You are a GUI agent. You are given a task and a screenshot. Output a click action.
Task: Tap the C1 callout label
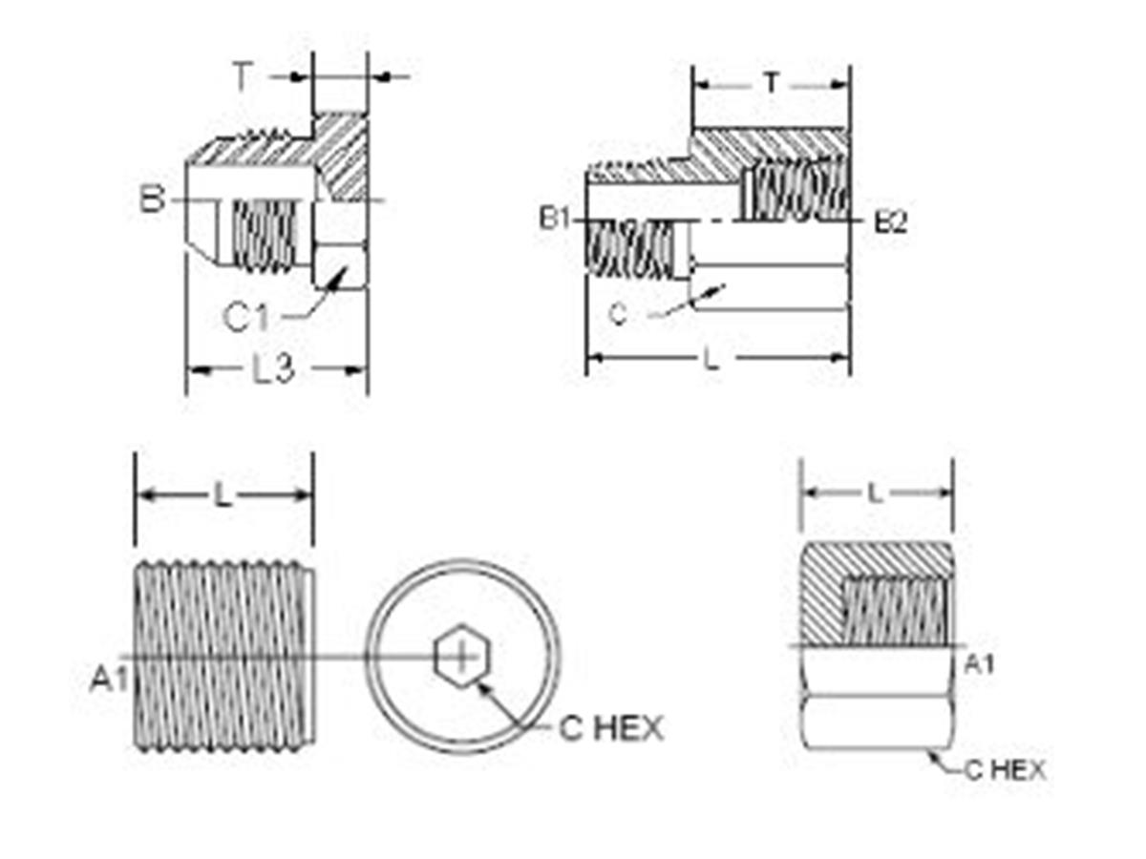[245, 318]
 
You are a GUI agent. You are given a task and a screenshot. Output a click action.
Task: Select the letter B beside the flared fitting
[152, 200]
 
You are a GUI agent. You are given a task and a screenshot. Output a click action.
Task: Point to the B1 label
[554, 220]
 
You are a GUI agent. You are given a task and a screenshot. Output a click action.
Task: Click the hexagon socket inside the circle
[459, 657]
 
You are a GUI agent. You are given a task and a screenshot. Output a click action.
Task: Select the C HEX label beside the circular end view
[610, 729]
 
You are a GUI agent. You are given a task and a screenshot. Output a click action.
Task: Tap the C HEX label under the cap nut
[1004, 769]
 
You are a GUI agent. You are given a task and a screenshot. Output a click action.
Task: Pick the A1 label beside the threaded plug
[108, 680]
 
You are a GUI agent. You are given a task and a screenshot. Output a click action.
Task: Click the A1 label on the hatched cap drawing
[976, 664]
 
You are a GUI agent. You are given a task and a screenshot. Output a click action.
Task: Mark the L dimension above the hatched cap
[874, 493]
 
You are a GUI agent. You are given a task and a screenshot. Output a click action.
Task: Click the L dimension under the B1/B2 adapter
[711, 359]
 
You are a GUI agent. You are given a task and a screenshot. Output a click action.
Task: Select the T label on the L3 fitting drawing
[244, 77]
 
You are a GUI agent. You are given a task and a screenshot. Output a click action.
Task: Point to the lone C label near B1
[619, 313]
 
